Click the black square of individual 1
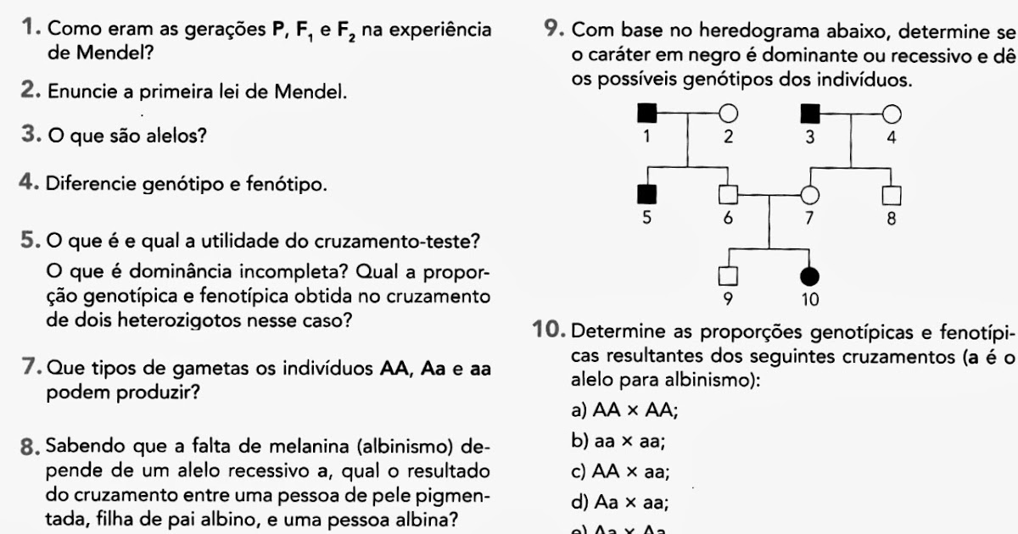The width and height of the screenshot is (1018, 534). coord(647,111)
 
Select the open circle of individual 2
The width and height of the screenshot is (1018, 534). coord(727,111)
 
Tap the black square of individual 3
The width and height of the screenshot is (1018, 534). coord(810,111)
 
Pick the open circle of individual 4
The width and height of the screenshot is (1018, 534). coord(890,111)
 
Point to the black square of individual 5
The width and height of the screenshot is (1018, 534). coord(647,194)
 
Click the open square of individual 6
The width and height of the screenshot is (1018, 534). coord(727,194)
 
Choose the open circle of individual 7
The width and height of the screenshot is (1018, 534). coord(810,194)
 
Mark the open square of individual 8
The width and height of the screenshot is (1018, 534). coord(890,194)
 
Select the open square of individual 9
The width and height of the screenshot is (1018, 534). coord(727,275)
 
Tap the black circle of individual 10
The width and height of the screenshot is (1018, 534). coord(810,275)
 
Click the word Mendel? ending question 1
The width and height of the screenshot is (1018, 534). coord(109,53)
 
